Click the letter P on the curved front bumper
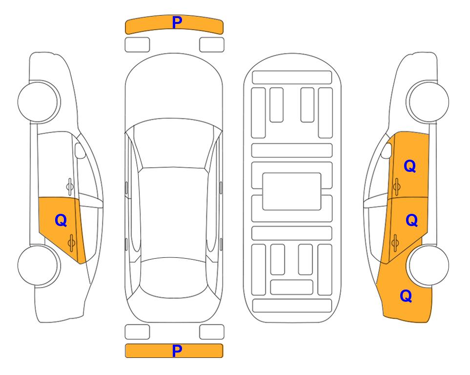point(177,22)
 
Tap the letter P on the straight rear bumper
point(177,351)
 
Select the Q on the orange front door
point(410,166)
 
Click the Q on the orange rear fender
point(406,296)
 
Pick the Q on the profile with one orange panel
point(61,220)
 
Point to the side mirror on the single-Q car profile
point(80,150)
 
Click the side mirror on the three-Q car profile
point(387,150)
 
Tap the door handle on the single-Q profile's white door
point(70,187)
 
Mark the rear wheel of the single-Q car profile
point(38,265)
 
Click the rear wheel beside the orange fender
point(429,265)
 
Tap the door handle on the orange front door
point(396,187)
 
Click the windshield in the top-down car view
point(174,144)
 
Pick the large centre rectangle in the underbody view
point(292,191)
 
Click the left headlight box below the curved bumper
point(137,45)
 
